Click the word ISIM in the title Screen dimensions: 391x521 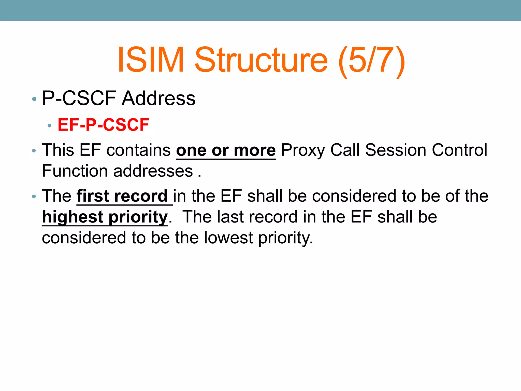[x=151, y=60]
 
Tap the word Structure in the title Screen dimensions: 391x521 [x=261, y=60]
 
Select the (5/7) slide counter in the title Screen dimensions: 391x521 [x=372, y=61]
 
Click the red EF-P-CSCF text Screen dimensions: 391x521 [x=103, y=125]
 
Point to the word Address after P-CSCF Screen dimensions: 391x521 [x=158, y=99]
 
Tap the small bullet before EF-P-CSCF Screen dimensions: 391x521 [x=50, y=125]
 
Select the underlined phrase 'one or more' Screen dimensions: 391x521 [x=226, y=150]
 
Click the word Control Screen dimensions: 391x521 [x=459, y=150]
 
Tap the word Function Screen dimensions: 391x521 [x=75, y=171]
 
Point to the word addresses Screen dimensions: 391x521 [x=153, y=171]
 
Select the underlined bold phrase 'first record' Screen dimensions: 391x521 [x=122, y=196]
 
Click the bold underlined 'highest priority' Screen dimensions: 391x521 [x=105, y=217]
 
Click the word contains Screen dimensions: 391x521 [x=138, y=150]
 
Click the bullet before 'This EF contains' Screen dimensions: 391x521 [x=34, y=151]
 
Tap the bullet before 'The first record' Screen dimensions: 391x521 [x=34, y=197]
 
